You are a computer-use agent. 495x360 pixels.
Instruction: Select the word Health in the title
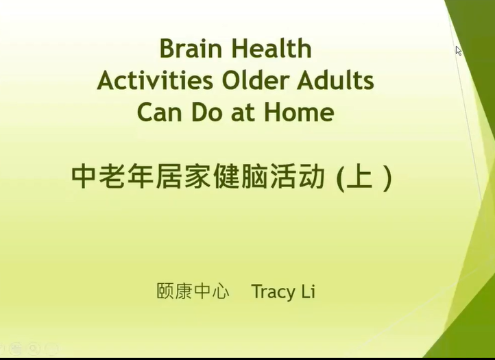(271, 48)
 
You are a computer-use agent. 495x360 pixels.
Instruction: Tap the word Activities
(155, 80)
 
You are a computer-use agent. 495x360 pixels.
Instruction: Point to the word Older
(255, 80)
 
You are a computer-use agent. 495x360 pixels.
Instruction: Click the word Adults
(335, 80)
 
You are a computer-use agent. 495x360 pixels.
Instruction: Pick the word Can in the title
(160, 112)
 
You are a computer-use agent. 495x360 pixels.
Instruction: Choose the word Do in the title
(206, 112)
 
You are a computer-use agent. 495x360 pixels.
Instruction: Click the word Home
(300, 112)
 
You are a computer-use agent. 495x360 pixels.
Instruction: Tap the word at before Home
(243, 113)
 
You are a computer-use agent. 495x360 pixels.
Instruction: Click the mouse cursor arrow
(459, 51)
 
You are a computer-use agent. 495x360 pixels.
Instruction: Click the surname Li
(308, 291)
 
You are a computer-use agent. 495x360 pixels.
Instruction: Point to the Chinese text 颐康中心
(193, 291)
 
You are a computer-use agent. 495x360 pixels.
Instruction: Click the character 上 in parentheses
(359, 177)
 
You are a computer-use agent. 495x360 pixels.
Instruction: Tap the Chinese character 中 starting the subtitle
(83, 177)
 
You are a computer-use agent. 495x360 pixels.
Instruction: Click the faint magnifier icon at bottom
(33, 348)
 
